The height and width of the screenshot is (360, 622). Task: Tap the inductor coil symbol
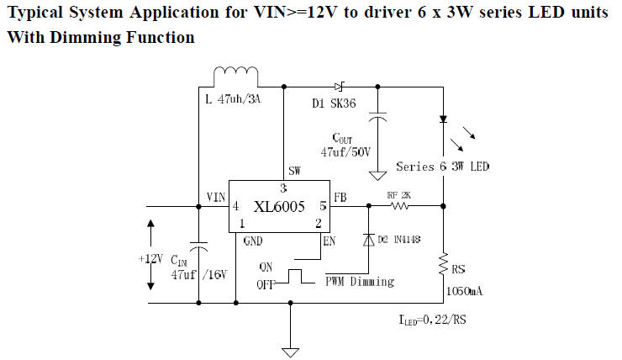[x=236, y=77]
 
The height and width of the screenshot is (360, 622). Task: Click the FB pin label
[x=340, y=198]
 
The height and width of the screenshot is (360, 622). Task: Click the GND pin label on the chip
[x=253, y=241]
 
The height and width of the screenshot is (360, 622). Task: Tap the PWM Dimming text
[x=359, y=282]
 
